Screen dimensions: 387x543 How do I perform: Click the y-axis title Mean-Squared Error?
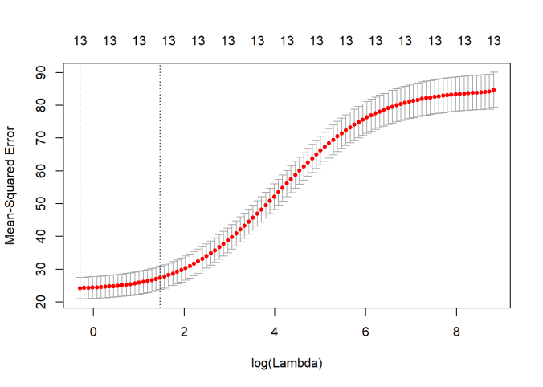12,186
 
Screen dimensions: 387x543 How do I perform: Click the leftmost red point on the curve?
80,287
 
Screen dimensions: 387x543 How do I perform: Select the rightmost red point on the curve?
494,90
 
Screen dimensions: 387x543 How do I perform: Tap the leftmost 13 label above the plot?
80,40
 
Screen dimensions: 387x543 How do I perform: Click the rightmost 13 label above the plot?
494,40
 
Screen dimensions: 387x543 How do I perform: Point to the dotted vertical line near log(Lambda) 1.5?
160,185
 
